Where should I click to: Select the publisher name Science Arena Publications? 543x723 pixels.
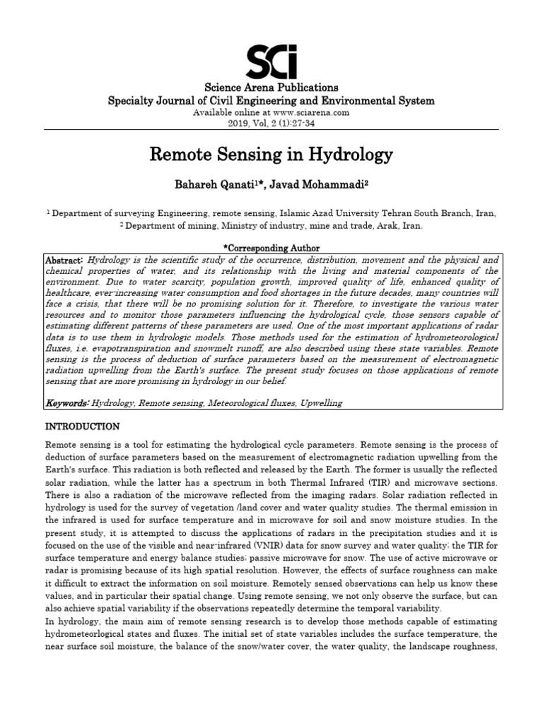(271, 88)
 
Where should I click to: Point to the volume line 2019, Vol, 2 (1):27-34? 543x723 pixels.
(271, 123)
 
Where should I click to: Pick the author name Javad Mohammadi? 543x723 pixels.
(325, 184)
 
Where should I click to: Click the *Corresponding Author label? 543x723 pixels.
(271, 249)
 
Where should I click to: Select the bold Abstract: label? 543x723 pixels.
(64, 259)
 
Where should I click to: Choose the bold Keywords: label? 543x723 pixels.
(67, 403)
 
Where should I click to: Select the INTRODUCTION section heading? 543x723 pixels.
(83, 427)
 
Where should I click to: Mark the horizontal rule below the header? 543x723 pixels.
(271, 131)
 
